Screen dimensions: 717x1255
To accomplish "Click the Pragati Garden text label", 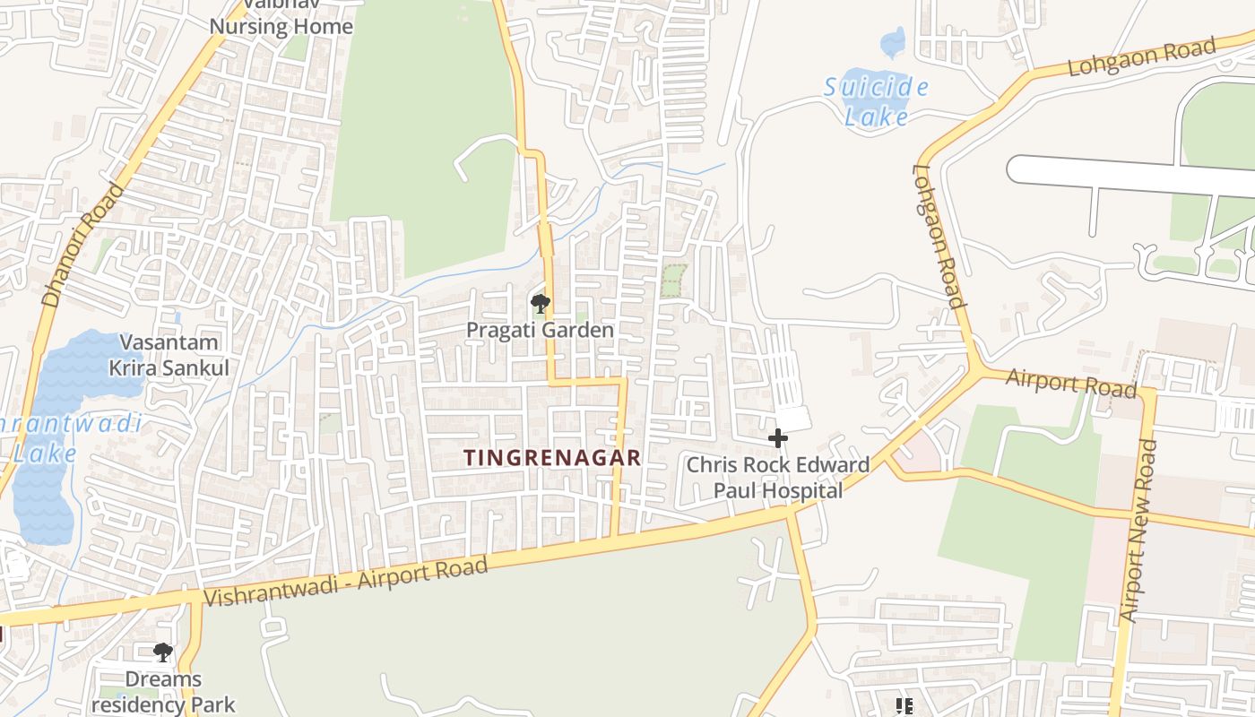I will click(x=540, y=330).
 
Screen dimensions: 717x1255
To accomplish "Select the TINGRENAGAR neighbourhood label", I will click(x=552, y=458).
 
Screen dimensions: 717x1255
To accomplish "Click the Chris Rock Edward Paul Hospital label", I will click(x=777, y=478).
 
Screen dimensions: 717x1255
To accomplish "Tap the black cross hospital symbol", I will click(x=777, y=438).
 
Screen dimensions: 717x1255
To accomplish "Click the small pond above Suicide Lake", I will click(x=893, y=42).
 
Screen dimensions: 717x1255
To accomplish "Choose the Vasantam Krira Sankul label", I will click(x=169, y=355).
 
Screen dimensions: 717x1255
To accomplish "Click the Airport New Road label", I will click(x=1138, y=531).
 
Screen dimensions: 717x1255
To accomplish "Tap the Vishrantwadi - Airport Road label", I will click(x=346, y=581).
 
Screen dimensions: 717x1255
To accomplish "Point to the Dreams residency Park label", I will click(x=163, y=691).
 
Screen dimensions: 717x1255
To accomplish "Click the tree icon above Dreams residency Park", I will click(x=162, y=652).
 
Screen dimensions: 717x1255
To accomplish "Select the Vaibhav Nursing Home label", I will click(x=281, y=20).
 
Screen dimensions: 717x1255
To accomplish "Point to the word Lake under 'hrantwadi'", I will click(x=45, y=454).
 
